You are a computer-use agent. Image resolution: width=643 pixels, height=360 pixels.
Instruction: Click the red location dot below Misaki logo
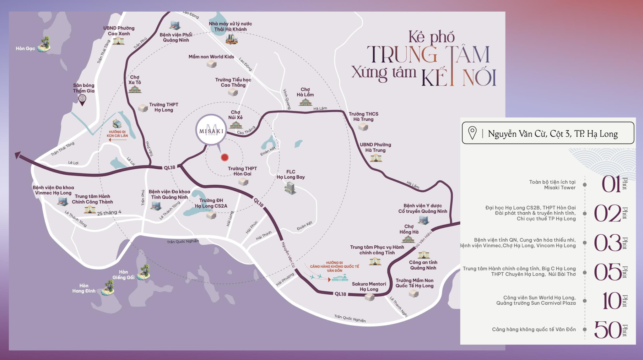click(x=224, y=157)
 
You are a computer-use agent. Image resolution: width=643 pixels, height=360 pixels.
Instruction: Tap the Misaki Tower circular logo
click(x=211, y=130)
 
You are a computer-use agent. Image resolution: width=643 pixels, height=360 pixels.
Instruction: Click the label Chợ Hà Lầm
click(x=305, y=92)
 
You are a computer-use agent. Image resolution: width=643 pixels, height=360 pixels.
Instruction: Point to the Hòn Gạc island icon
click(x=45, y=44)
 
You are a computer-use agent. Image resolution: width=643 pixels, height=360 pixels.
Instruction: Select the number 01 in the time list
click(x=611, y=184)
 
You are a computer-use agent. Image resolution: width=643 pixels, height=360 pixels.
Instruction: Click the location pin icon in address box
click(x=472, y=133)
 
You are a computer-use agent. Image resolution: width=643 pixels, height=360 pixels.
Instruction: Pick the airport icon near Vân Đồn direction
click(x=340, y=278)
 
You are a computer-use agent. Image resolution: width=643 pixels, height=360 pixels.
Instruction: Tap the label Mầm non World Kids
click(x=211, y=57)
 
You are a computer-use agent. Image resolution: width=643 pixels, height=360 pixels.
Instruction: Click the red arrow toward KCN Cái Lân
click(x=117, y=140)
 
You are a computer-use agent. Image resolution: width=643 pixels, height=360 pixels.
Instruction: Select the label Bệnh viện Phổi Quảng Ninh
click(x=176, y=37)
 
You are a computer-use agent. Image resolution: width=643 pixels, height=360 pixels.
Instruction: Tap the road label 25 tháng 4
click(x=109, y=213)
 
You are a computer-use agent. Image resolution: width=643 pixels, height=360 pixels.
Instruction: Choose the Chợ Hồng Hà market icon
click(x=408, y=239)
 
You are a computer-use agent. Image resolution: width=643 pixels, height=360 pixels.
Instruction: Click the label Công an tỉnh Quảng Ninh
click(x=423, y=265)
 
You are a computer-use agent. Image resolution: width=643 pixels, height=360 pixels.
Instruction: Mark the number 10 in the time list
click(x=611, y=301)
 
